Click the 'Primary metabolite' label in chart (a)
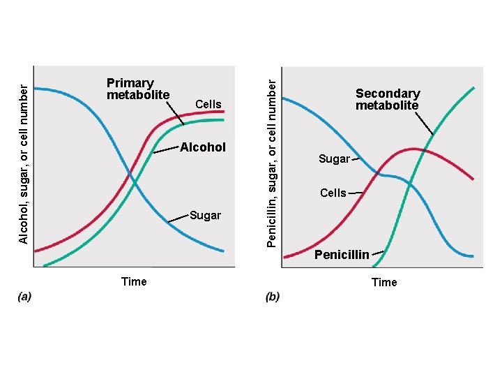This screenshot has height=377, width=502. [138, 89]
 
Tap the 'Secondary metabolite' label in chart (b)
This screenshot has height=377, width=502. [388, 99]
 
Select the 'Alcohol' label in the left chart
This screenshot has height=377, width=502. [203, 147]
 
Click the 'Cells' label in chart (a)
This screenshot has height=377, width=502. [208, 105]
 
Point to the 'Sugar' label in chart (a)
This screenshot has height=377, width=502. [205, 215]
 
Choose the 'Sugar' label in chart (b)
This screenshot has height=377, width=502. [334, 159]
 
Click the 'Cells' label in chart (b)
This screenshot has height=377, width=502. [333, 193]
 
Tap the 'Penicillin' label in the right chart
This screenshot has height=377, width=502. [342, 255]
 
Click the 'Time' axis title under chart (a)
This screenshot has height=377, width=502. [134, 281]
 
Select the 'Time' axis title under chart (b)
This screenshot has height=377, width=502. [384, 282]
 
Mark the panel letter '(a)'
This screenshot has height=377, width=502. [24, 297]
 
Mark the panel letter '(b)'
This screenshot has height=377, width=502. [273, 297]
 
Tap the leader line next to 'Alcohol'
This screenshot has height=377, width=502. [166, 150]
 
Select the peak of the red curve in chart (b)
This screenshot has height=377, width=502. [414, 149]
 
